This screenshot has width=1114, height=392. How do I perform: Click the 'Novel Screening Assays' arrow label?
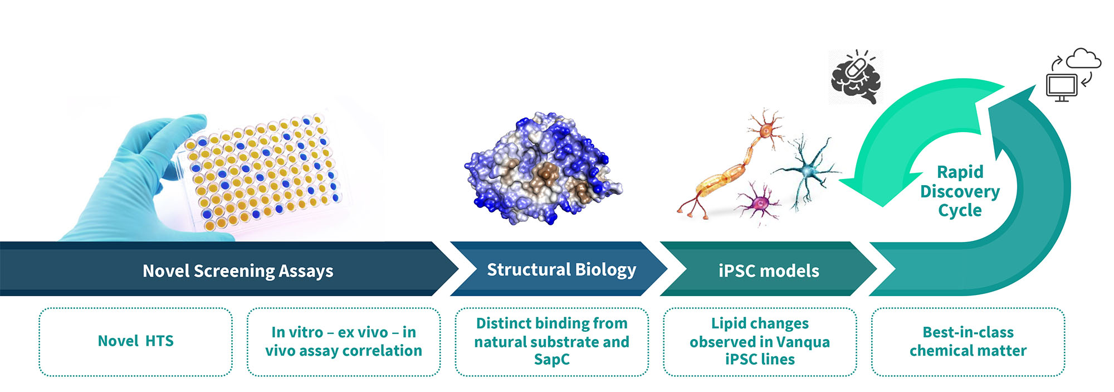click(x=238, y=271)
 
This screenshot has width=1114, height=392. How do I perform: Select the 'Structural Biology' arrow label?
click(x=561, y=270)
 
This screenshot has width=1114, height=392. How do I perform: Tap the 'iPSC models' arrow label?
click(x=769, y=271)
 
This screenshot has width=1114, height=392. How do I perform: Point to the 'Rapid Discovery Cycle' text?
click(x=960, y=191)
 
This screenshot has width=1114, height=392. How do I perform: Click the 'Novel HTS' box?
click(x=135, y=342)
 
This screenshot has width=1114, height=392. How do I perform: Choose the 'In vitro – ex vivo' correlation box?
click(x=344, y=342)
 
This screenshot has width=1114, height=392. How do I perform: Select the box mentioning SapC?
click(x=552, y=342)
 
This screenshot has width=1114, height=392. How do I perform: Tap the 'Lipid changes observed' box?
click(x=760, y=342)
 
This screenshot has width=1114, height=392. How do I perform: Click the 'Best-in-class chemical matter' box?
click(x=968, y=342)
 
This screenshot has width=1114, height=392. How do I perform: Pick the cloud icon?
click(x=1083, y=59)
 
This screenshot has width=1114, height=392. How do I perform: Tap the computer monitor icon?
click(x=1062, y=87)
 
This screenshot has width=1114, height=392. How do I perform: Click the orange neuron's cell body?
click(x=766, y=131)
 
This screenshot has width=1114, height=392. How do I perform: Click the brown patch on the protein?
click(x=544, y=176)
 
